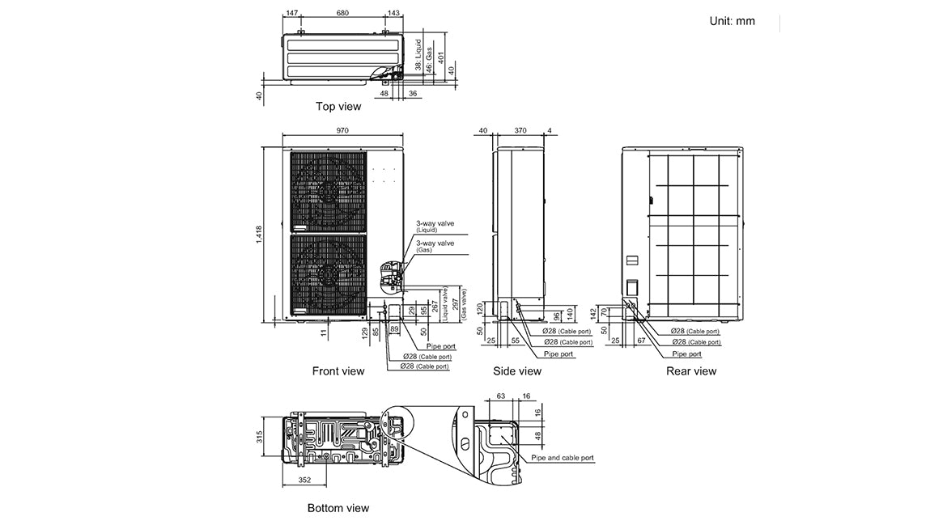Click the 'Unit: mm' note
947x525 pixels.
pyautogui.click(x=732, y=21)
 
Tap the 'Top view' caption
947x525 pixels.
pyautogui.click(x=338, y=106)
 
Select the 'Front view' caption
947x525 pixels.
pyautogui.click(x=338, y=371)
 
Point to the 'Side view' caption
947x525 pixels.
pyautogui.click(x=517, y=371)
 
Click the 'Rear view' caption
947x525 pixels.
pyautogui.click(x=691, y=371)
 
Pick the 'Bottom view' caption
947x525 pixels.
pyautogui.click(x=338, y=508)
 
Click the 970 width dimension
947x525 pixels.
pyautogui.click(x=342, y=130)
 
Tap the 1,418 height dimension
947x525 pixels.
pyautogui.click(x=259, y=233)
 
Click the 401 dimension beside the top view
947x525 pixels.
pyautogui.click(x=441, y=57)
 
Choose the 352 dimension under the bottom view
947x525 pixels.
pyautogui.click(x=304, y=480)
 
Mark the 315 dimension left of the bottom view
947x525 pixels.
pyautogui.click(x=260, y=438)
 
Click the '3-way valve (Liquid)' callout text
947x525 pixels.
pyautogui.click(x=435, y=225)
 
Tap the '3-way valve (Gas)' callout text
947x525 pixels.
pyautogui.click(x=435, y=246)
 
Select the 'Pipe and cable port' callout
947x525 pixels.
pyautogui.click(x=563, y=458)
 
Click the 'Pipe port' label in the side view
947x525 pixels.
pyautogui.click(x=558, y=354)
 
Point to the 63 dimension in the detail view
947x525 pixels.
pyautogui.click(x=501, y=397)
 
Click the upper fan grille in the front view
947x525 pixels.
pyautogui.click(x=328, y=191)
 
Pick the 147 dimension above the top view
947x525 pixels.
pyautogui.click(x=292, y=14)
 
